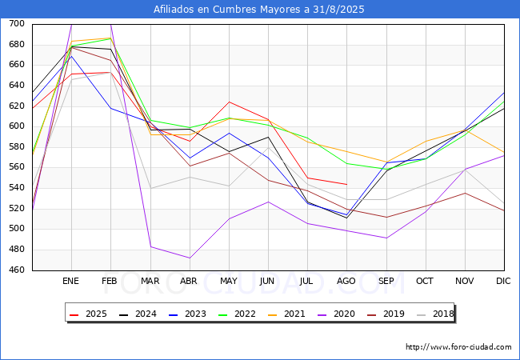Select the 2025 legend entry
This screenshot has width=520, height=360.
coord(88,314)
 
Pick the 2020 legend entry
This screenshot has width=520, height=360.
coord(336,314)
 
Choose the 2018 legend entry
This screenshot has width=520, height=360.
coord(435,314)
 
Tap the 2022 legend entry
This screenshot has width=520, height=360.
coord(237,314)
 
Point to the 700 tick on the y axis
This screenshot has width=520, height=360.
coord(17,23)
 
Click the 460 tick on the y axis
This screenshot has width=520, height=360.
coord(17,270)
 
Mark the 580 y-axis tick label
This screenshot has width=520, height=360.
coord(17,146)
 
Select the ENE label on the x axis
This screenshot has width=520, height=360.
coord(71,281)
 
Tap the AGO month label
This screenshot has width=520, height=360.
coord(346,281)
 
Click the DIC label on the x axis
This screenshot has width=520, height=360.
coord(503,281)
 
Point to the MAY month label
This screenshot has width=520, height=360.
coord(229,281)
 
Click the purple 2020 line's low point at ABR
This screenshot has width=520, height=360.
coord(190,258)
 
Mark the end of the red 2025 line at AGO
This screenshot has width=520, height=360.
coord(347,184)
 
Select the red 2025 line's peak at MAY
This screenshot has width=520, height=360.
coord(229,102)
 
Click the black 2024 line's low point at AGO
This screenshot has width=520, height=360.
coord(347,218)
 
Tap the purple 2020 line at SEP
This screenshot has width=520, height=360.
coord(386,238)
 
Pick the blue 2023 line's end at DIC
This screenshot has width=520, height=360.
coord(505,93)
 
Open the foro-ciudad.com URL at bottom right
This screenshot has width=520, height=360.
coord(458,347)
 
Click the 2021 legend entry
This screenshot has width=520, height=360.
coord(286,314)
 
